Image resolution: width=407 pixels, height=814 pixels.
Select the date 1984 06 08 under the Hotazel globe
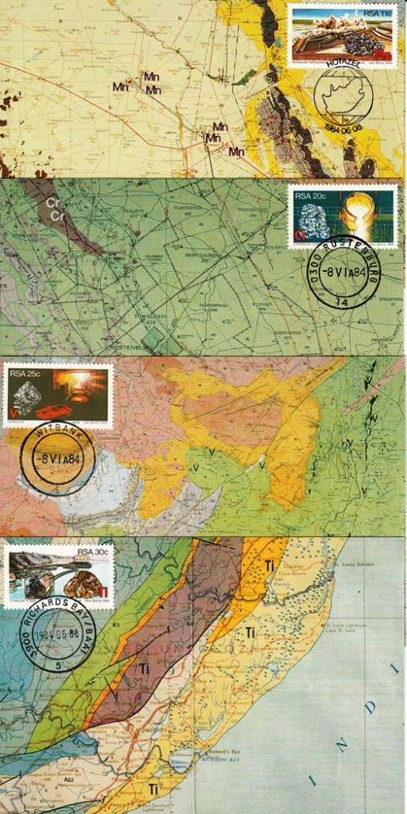pyautogui.click(x=342, y=129)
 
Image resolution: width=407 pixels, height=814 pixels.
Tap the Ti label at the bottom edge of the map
pyautogui.click(x=153, y=789)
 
